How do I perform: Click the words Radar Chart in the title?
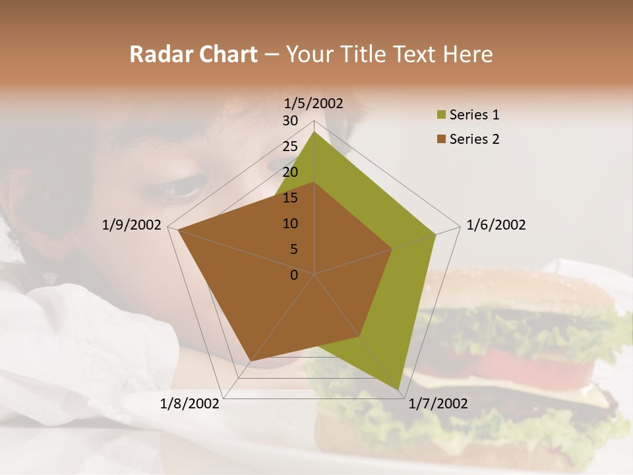click(193, 54)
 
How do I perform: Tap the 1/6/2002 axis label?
click(496, 225)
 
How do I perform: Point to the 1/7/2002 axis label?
click(438, 404)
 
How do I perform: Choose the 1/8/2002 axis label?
click(190, 404)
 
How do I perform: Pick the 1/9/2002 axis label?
click(131, 225)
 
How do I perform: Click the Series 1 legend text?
click(474, 115)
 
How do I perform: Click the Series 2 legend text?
click(474, 139)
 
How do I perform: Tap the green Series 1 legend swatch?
click(441, 115)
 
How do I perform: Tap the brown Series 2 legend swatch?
click(441, 139)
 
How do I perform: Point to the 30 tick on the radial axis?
click(290, 121)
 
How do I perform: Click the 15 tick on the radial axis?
click(290, 198)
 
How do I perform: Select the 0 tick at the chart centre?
click(294, 275)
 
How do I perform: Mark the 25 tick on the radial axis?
click(290, 146)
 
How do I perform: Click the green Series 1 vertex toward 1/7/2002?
click(398, 389)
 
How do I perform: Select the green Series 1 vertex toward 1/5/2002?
click(314, 131)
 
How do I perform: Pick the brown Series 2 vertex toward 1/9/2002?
click(177, 230)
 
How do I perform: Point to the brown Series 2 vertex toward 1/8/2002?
click(250, 361)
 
